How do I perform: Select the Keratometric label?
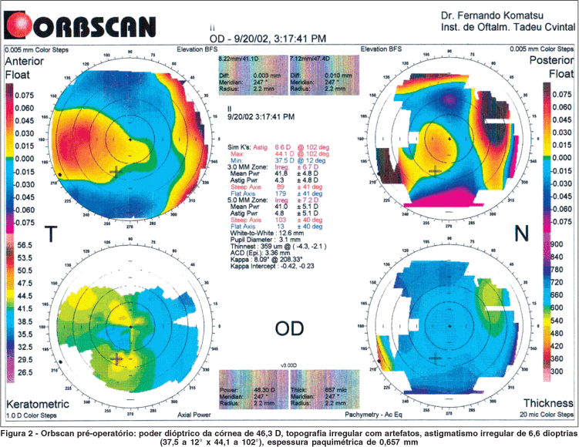(37, 404)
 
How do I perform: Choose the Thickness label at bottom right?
(546, 402)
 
